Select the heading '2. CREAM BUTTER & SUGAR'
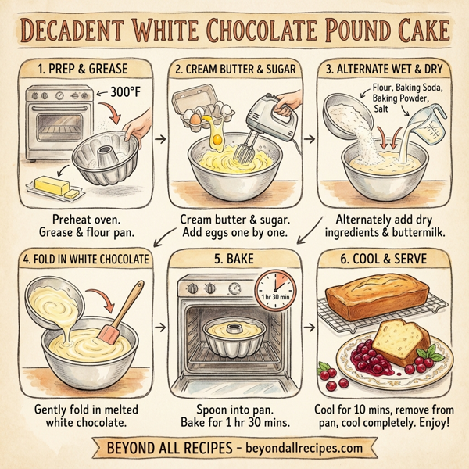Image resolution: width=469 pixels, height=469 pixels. [234, 69]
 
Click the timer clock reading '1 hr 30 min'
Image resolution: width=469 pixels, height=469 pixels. [274, 292]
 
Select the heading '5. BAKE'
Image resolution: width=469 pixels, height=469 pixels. [234, 260]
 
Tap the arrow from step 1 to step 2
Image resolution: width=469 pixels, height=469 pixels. [160, 139]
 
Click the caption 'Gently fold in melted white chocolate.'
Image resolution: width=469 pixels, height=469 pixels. [85, 416]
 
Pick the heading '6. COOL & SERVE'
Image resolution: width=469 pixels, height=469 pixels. [384, 260]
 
